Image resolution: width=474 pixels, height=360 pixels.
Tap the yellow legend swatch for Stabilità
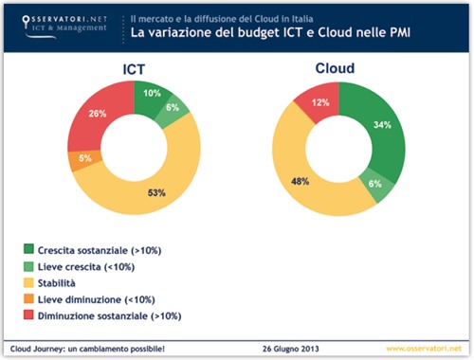29,282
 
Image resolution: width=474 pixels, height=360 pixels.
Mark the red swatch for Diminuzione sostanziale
29,315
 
